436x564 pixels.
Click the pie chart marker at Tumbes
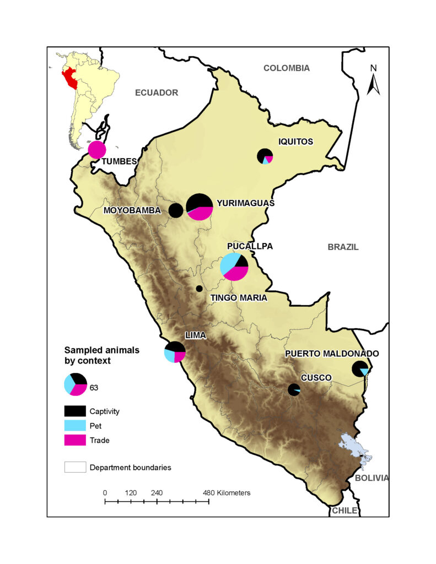[97, 150]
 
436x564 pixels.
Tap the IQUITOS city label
[294, 142]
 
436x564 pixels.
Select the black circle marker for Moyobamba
[176, 210]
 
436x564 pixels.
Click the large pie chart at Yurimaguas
[200, 207]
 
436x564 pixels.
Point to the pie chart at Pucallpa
[234, 267]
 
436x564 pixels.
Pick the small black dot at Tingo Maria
[199, 289]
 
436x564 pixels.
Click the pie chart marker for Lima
[175, 352]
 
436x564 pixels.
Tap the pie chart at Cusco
[294, 389]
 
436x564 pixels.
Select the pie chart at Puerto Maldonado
[360, 369]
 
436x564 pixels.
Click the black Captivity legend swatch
[75, 411]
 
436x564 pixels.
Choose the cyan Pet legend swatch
[75, 425]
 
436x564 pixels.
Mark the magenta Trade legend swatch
[75, 440]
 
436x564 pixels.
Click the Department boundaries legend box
[75, 467]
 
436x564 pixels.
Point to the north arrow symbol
[373, 80]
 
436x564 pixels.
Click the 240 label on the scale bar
[157, 492]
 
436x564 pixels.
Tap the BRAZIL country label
[343, 247]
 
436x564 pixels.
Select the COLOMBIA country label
[286, 68]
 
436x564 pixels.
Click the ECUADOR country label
[157, 93]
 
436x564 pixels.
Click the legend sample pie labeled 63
[76, 384]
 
